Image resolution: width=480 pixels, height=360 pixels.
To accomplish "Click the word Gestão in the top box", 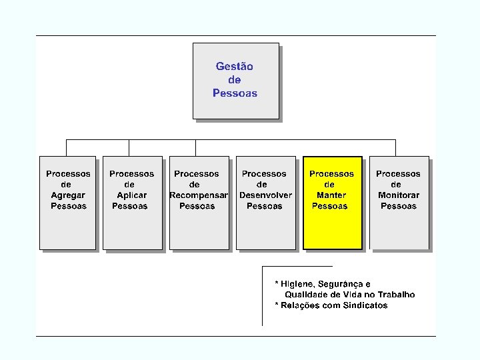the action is tap(234, 66).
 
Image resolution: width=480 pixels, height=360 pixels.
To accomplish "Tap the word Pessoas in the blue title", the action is tap(235, 93).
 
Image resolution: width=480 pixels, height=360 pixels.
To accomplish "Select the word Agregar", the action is tap(68, 195).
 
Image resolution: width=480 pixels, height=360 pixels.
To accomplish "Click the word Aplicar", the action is tap(131, 195).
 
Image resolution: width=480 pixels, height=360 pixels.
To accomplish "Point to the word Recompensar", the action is tap(199, 195).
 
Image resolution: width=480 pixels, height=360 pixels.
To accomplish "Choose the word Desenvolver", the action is tap(265, 195).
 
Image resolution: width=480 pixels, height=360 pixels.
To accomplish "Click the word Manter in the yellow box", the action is tap(331, 195).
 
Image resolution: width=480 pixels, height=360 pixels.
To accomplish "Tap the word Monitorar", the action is tap(399, 195).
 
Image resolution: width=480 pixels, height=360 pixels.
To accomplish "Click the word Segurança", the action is tap(341, 285).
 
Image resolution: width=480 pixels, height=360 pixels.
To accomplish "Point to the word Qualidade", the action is tap(307, 295).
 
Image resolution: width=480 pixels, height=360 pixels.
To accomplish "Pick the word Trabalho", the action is tap(396, 295).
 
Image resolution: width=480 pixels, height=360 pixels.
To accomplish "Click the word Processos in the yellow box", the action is tap(331, 174).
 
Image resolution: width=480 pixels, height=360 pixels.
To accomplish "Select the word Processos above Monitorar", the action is tap(398, 174).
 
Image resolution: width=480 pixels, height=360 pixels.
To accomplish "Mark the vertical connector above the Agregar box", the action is tap(67, 148).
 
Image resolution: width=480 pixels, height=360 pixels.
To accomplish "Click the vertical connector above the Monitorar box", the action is tap(395, 148).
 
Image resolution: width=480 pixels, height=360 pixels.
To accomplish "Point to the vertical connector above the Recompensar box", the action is tap(195, 148).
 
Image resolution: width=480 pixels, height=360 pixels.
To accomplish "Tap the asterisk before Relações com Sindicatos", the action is tap(277, 304).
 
